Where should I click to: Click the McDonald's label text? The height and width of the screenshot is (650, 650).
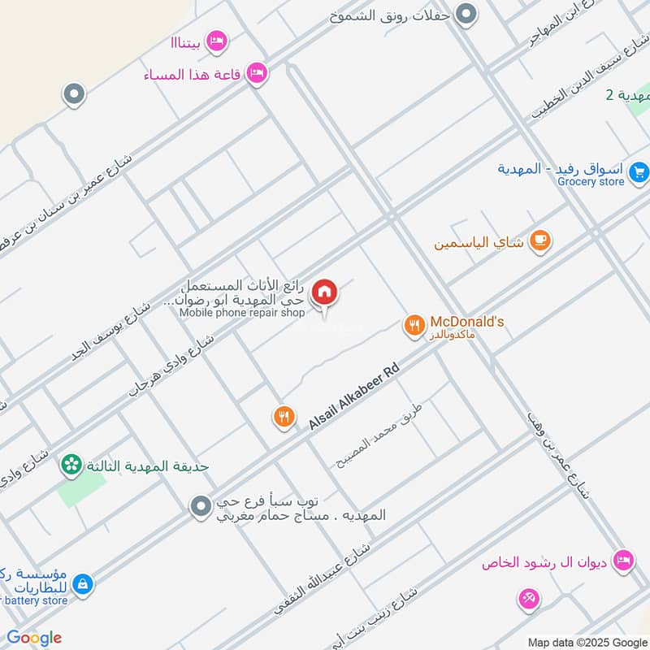467,322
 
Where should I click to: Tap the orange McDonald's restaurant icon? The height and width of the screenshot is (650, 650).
414,327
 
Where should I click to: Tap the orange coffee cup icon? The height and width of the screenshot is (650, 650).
539,240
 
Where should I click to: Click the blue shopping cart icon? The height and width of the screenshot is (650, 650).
639,171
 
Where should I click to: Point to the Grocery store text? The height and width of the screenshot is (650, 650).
591,182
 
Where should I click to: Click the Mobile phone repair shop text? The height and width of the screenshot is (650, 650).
242,313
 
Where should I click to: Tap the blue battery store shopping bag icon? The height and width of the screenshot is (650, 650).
82,583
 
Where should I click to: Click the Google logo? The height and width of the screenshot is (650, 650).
34,638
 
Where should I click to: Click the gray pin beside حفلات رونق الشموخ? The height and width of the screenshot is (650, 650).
466,14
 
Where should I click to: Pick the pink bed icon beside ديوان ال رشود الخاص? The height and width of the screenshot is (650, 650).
623,561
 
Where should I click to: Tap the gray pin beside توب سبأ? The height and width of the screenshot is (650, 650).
201,509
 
